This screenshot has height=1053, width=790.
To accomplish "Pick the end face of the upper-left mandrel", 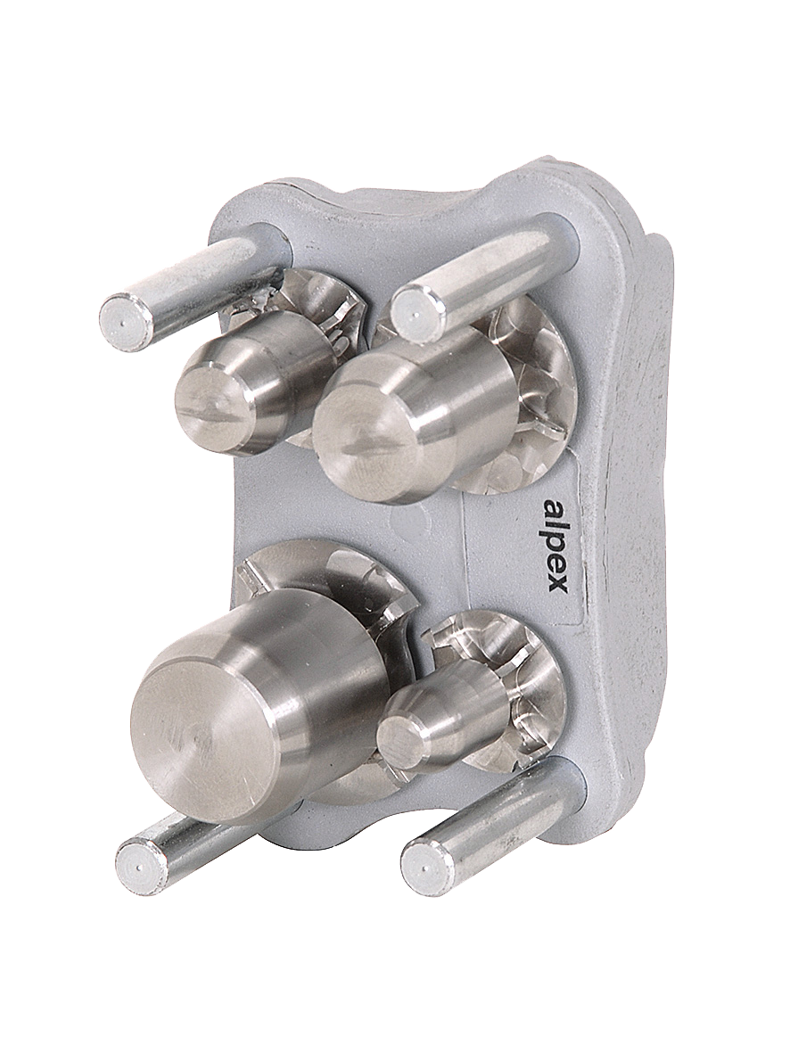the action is [210, 403].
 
